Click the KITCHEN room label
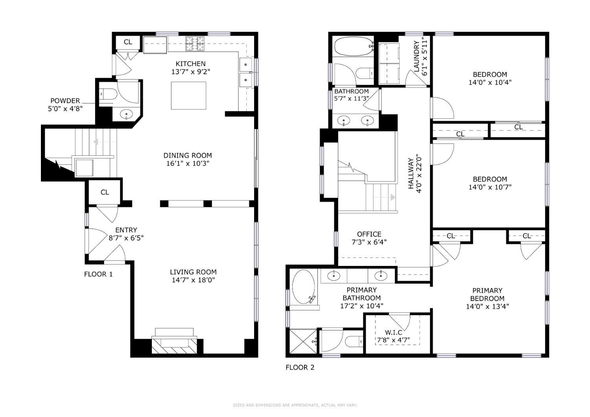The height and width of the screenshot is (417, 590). click(x=190, y=64)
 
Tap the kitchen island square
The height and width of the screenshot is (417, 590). click(x=188, y=96)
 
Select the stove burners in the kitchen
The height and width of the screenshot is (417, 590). click(x=195, y=43)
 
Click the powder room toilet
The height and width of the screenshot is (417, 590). click(x=108, y=94)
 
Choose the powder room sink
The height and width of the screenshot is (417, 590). click(x=126, y=114)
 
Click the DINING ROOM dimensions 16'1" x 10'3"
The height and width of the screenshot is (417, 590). click(x=188, y=164)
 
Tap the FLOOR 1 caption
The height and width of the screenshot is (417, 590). click(x=98, y=274)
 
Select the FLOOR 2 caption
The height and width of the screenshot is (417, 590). click(x=300, y=367)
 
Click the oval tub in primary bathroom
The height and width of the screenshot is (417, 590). click(x=303, y=287)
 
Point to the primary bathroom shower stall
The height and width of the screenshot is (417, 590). click(x=303, y=341)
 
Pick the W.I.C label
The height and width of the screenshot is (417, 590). click(x=393, y=332)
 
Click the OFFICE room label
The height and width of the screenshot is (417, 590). click(x=369, y=234)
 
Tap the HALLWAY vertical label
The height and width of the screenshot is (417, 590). click(x=411, y=173)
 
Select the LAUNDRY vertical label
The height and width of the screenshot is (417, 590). click(x=417, y=56)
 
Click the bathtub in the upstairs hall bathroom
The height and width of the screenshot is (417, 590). click(x=354, y=46)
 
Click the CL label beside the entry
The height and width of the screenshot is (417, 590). click(x=105, y=192)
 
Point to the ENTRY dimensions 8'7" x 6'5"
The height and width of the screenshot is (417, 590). click(x=126, y=238)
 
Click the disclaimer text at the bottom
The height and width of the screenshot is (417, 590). click(x=295, y=405)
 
